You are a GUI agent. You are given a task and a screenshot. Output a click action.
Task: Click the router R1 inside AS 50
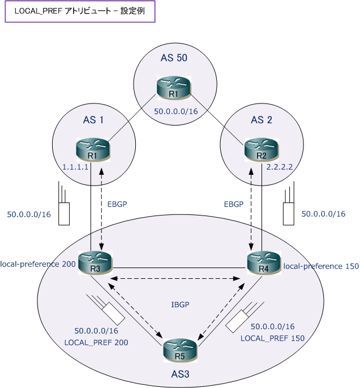tap(174, 88)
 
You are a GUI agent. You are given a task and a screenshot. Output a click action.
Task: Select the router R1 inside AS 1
tap(93, 150)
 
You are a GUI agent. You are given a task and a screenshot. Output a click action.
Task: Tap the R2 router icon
tap(262, 150)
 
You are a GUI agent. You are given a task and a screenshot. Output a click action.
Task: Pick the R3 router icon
tap(95, 263)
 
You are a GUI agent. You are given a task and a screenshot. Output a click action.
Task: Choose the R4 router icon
tap(264, 263)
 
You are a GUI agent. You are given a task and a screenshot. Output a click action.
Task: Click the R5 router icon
tap(180, 351)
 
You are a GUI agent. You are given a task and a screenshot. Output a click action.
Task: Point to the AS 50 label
tap(174, 58)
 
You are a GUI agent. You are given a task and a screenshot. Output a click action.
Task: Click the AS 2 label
tap(262, 120)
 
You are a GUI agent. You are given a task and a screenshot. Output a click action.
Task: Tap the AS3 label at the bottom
tap(180, 374)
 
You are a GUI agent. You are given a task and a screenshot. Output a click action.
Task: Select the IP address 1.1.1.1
tap(75, 167)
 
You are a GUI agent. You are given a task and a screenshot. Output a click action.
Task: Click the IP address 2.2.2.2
tap(280, 167)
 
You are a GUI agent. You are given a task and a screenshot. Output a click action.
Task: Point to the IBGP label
tap(180, 304)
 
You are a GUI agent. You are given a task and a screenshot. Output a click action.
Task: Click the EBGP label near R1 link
tap(117, 204)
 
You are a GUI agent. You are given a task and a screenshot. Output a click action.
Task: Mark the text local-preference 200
tap(38, 264)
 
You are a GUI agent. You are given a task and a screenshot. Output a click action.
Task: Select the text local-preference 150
tap(321, 266)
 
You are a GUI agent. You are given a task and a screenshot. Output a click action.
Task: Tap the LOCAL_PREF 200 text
tap(96, 343)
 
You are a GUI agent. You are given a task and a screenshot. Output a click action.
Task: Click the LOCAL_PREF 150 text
tap(273, 338)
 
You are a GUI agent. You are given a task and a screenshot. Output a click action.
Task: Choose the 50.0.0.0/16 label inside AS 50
tap(176, 111)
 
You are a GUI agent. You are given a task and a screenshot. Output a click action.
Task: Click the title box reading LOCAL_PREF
tap(80, 11)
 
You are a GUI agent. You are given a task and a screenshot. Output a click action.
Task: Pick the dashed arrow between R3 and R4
tap(175, 279)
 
